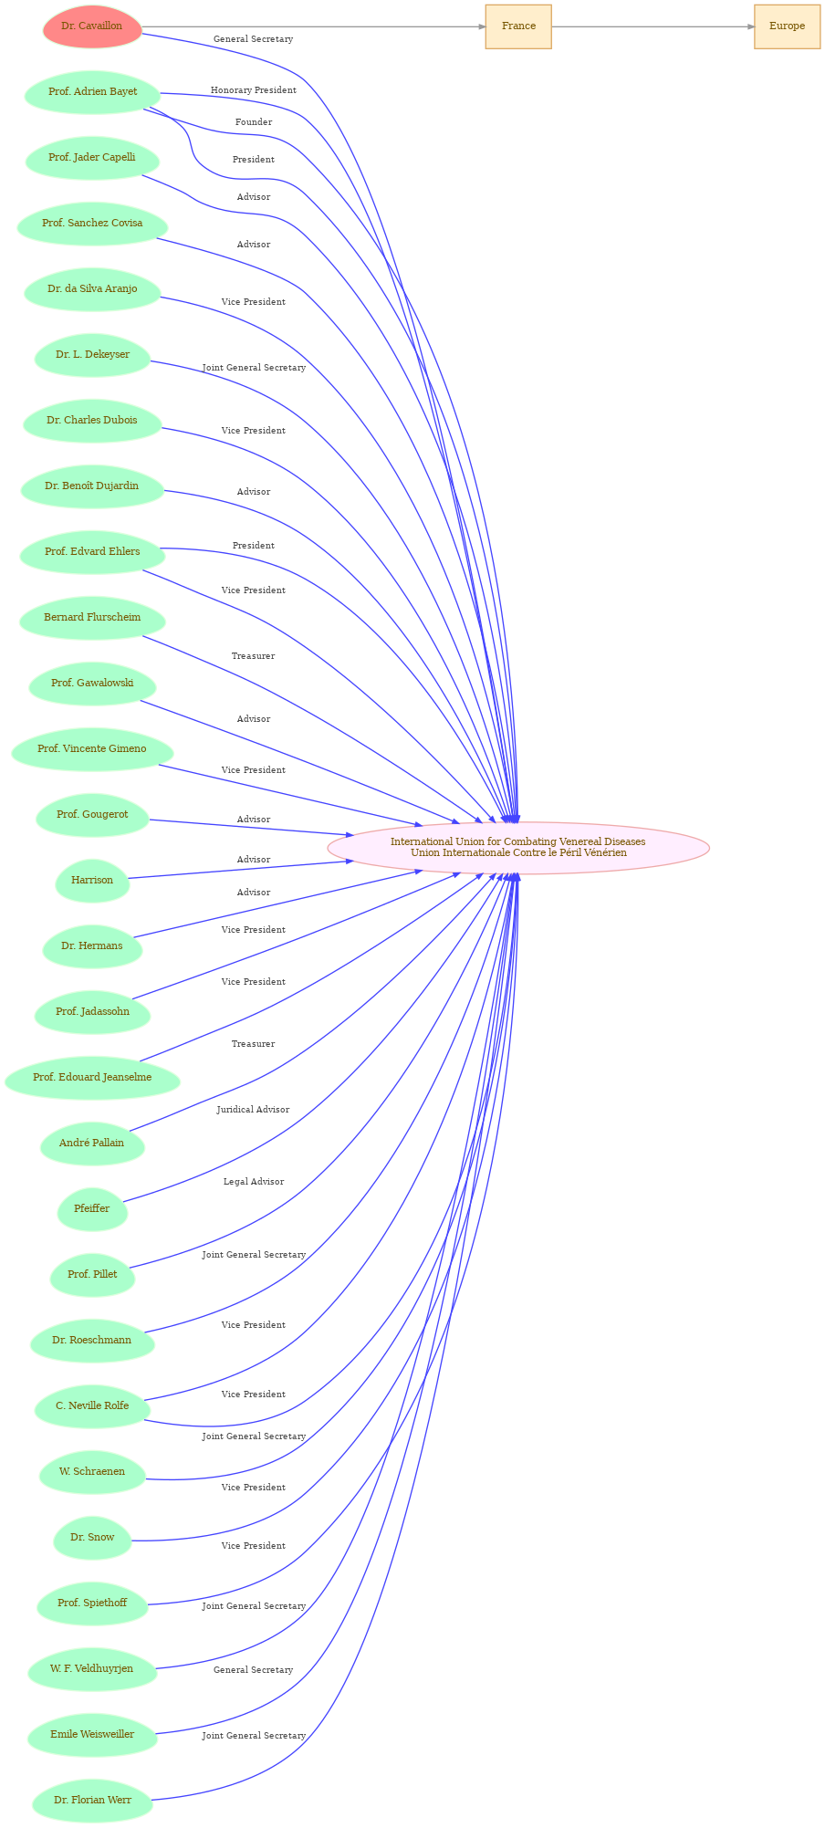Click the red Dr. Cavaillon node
[x=92, y=26]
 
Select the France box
[x=518, y=26]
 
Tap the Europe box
[x=787, y=26]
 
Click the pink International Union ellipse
[x=518, y=848]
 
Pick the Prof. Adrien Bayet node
[x=92, y=92]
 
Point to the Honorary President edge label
[x=254, y=90]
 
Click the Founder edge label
[x=254, y=122]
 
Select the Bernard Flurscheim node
[x=92, y=618]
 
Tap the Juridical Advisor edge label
[x=253, y=1110]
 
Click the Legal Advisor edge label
[x=254, y=1182]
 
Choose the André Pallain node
[x=92, y=1144]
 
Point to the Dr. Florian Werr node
[x=92, y=1801]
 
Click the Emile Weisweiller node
[x=92, y=1735]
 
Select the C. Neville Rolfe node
[x=92, y=1406]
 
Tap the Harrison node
[x=92, y=881]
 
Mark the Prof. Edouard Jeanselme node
[x=92, y=1078]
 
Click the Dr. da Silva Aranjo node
[x=92, y=289]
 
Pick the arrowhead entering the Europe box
[x=750, y=26]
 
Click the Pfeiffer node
[x=92, y=1209]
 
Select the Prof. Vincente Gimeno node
[x=92, y=749]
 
